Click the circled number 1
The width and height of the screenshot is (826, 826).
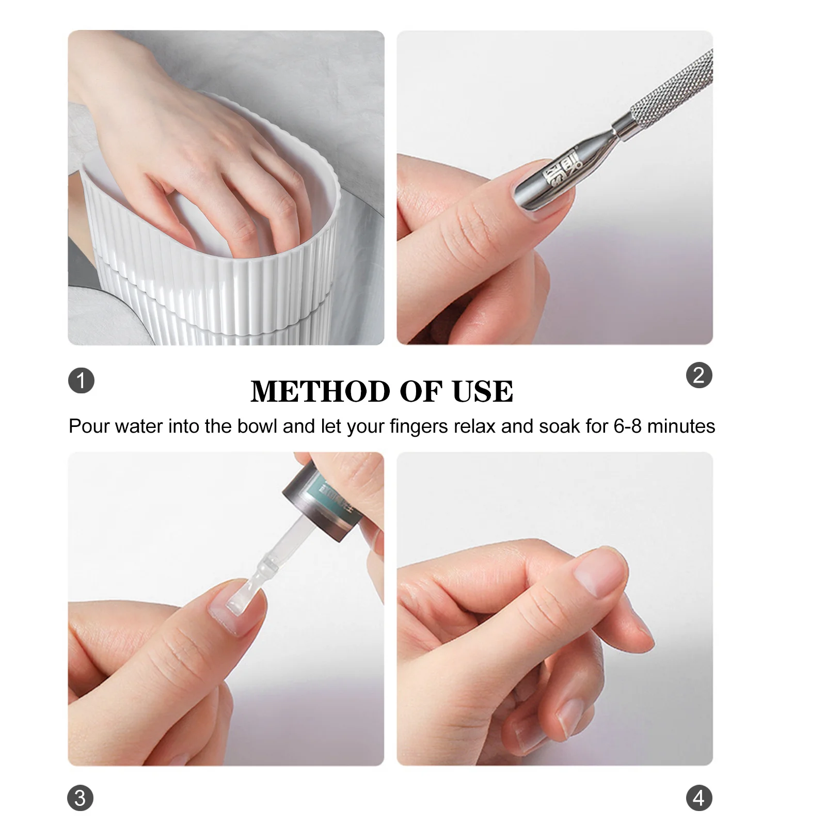81,381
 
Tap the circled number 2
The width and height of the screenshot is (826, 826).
699,375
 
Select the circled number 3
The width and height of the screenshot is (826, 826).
80,798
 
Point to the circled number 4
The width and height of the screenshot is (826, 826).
699,798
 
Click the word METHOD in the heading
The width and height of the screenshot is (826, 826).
320,391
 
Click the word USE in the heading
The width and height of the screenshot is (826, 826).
483,391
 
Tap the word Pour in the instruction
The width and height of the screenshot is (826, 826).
89,426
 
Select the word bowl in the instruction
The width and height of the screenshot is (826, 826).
258,426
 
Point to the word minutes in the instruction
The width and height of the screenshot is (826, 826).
681,426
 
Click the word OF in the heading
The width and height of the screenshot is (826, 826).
421,391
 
